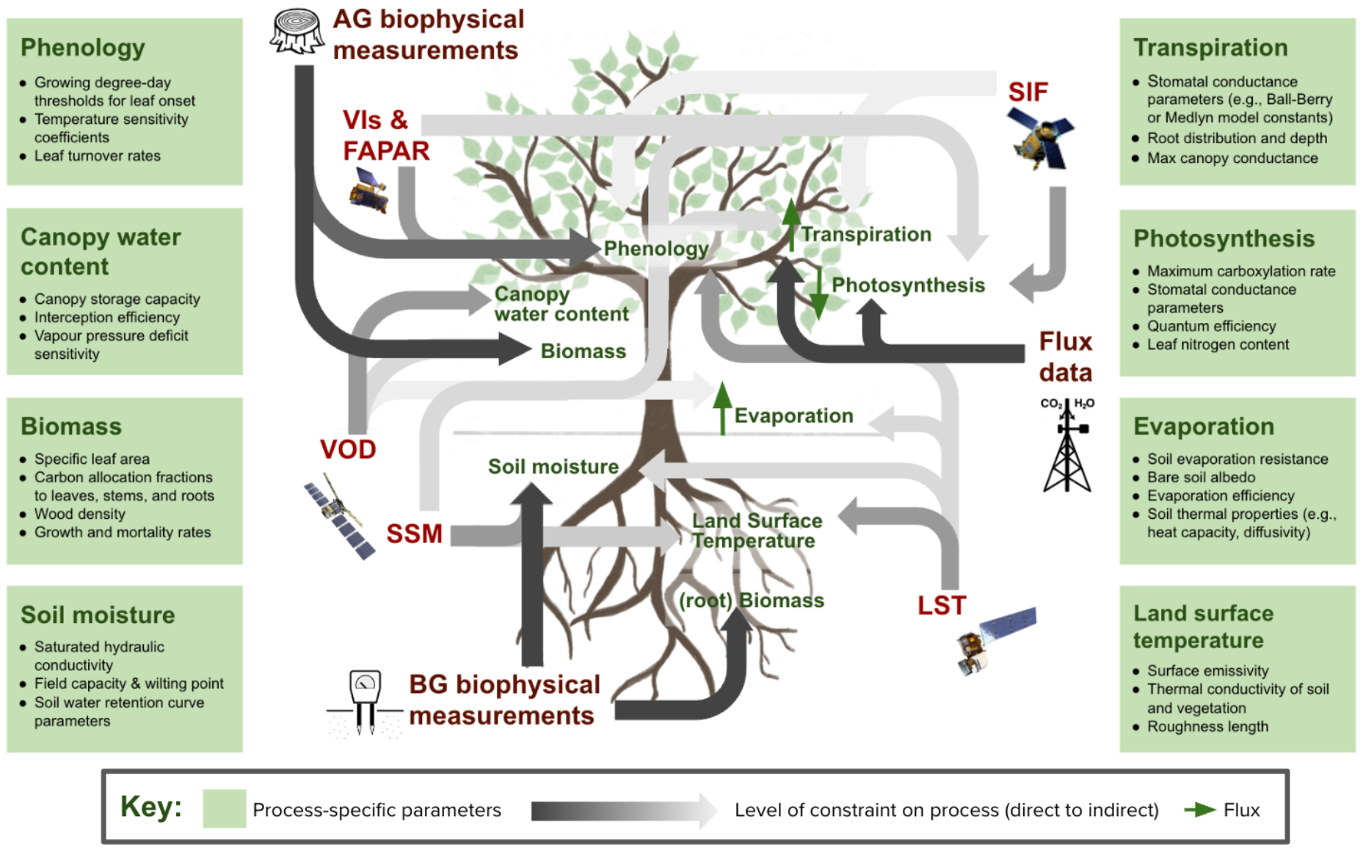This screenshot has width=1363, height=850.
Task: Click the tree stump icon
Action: [297, 32]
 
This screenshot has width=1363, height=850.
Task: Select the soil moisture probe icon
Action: [365, 702]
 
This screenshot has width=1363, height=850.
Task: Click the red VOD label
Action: [348, 449]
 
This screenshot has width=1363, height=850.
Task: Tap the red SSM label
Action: [414, 534]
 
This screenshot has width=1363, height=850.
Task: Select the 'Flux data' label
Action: [1065, 357]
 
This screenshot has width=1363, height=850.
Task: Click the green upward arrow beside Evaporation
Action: [722, 408]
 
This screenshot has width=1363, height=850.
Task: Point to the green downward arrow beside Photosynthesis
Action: [819, 293]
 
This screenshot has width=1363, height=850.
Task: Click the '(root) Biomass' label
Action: [751, 600]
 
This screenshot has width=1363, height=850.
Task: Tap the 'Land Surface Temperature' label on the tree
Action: [757, 531]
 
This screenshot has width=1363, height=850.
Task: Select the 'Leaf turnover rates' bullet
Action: [97, 156]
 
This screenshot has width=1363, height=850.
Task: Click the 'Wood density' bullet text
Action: [79, 514]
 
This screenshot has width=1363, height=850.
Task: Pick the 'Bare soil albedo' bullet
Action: [1201, 477]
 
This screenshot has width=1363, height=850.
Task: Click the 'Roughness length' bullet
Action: [1207, 727]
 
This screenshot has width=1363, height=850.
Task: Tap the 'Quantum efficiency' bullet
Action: [1211, 326]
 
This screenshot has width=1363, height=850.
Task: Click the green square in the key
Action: [224, 809]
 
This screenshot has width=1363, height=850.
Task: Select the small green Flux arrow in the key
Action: [1199, 810]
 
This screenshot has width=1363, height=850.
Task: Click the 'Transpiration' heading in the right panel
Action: [1210, 48]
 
